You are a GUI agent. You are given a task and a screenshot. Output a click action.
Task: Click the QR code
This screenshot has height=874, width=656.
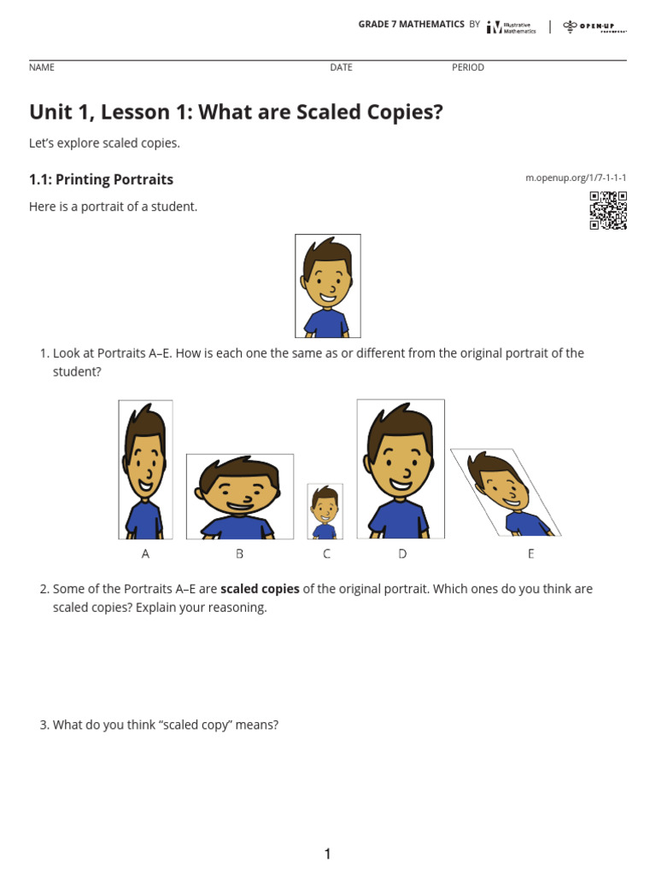pos(608,211)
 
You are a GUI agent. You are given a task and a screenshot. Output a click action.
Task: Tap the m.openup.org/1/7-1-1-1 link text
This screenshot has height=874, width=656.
pos(576,178)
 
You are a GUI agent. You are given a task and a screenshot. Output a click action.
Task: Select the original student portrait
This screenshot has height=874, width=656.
pos(328,286)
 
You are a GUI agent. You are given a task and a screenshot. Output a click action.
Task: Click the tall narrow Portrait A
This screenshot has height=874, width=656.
pos(145,469)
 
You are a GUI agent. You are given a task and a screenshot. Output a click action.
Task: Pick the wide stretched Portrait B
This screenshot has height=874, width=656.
pos(240,497)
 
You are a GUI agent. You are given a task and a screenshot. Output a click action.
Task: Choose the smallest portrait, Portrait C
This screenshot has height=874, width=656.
pos(325,511)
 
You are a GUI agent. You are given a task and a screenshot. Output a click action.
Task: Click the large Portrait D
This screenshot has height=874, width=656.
pos(401,469)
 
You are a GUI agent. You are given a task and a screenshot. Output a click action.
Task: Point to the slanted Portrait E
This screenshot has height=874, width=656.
pos(506,492)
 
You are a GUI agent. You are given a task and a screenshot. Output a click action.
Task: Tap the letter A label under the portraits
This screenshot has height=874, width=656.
pos(145,554)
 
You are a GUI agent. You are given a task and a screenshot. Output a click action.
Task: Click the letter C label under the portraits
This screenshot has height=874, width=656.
pos(326,554)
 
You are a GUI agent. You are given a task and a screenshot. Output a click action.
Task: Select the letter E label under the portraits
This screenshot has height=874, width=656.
pos(530,554)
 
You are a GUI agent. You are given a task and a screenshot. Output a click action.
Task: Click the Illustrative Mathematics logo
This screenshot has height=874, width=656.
pos(511,27)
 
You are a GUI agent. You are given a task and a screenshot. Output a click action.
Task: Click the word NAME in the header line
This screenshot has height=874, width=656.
pos(41,67)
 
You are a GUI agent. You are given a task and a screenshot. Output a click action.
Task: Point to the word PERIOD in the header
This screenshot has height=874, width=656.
pos(468,67)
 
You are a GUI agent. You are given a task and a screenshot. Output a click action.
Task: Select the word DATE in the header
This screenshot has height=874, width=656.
pos(341,67)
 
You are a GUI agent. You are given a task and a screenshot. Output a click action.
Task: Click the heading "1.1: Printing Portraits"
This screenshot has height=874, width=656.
pos(101,179)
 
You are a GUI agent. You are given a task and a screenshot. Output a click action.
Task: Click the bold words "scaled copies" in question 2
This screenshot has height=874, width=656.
pos(261,589)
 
